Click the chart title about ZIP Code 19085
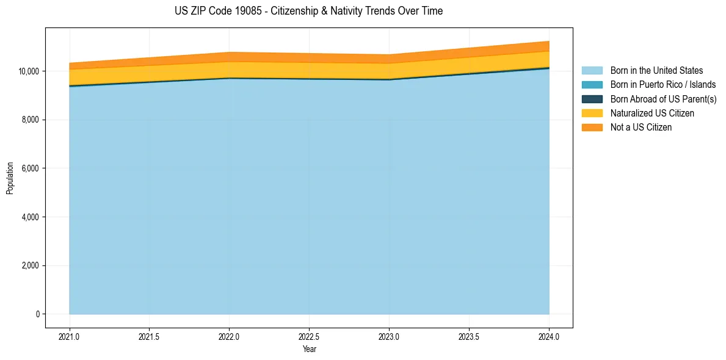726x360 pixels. click(308, 11)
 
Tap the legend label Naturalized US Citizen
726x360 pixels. click(652, 113)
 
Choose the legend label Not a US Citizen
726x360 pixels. click(641, 127)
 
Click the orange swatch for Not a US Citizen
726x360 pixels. click(592, 127)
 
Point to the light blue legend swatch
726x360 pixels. click(592, 71)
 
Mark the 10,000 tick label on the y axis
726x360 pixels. click(29, 71)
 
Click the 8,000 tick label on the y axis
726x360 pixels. click(31, 120)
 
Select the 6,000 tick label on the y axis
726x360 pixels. click(31, 168)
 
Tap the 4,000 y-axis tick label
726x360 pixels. click(31, 217)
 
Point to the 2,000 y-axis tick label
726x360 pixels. click(31, 265)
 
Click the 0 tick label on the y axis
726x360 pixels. click(37, 314)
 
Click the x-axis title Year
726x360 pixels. click(309, 349)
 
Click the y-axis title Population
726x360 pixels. click(10, 178)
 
